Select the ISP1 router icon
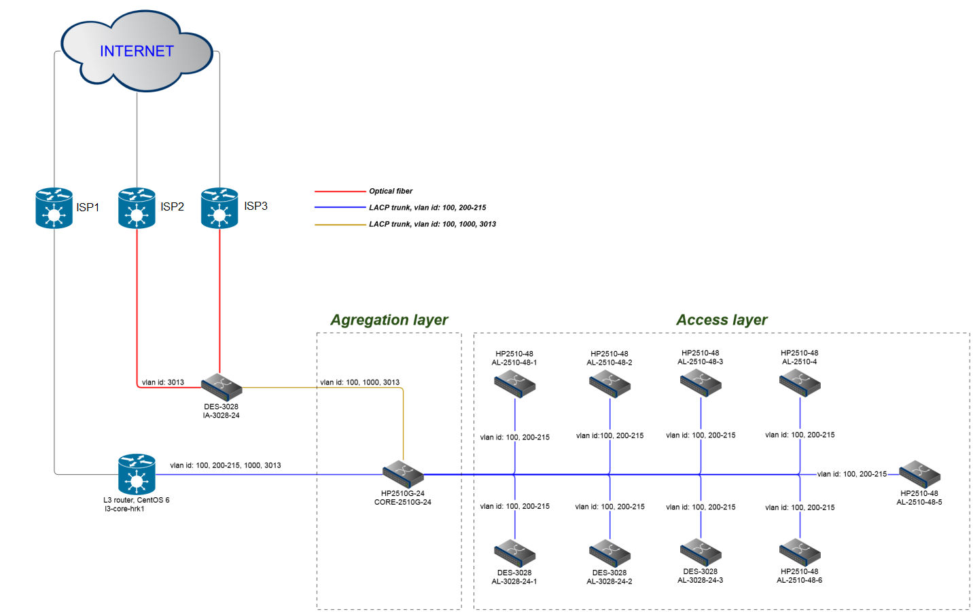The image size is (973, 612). pos(54,208)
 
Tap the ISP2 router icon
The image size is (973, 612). pos(137,208)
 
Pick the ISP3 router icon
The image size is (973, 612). pos(219,208)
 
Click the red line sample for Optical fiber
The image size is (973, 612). pos(340,192)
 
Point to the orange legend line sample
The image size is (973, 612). pos(340,224)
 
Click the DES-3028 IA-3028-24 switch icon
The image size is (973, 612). pos(222,386)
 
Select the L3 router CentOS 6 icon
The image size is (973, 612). pos(137,474)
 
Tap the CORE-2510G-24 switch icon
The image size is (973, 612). pos(403,474)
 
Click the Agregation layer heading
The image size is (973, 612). pos(389,320)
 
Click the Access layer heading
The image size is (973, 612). pos(722,320)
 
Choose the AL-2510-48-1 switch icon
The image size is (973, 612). pos(514,384)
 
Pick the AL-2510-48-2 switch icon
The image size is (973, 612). pos(609,384)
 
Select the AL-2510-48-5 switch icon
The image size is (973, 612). pos(919,474)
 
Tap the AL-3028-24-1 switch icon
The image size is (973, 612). pos(514,553)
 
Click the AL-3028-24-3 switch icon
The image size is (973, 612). pos(701,552)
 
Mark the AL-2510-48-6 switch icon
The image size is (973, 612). pos(800,552)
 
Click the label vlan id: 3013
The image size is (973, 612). pos(163,382)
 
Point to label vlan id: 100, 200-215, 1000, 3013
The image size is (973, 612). pos(226,465)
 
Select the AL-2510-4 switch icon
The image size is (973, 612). pos(800,383)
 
